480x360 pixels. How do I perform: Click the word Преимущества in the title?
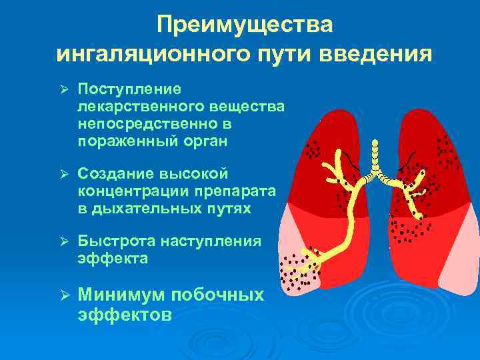click(245, 25)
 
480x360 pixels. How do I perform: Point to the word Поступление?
click(129, 90)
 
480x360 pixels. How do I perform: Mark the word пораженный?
click(123, 141)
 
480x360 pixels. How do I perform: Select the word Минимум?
click(122, 294)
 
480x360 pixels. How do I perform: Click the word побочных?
click(218, 294)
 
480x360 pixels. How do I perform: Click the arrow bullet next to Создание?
click(59, 175)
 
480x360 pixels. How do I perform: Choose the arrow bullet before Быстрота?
click(59, 242)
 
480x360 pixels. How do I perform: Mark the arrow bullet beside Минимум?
click(59, 295)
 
